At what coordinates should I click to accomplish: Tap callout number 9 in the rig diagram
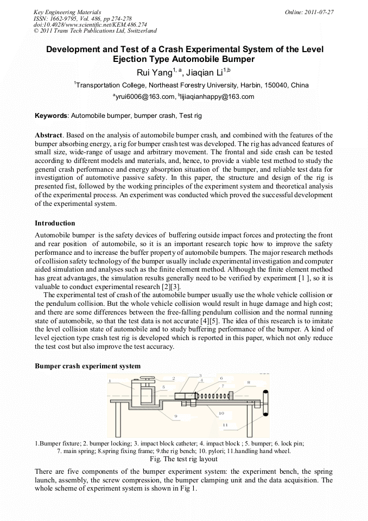tap(176, 416)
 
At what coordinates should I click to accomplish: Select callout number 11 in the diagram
tap(225, 424)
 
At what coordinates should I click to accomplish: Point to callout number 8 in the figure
tap(249, 382)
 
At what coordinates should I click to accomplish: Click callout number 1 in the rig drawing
tap(110, 381)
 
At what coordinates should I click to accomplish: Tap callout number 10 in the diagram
tap(221, 413)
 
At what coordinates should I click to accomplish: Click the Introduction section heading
tap(55, 223)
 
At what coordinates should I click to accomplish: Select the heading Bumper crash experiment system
tap(87, 366)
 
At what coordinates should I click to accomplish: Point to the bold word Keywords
tap(51, 116)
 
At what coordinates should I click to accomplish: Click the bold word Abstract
tap(49, 134)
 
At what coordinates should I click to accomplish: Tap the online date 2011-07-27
tap(319, 11)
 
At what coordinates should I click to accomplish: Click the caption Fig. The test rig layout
tap(183, 459)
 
